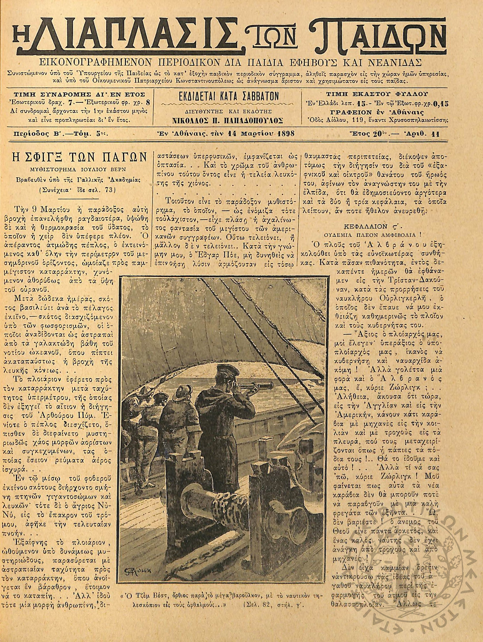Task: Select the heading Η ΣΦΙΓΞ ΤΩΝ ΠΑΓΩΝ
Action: click(x=78, y=159)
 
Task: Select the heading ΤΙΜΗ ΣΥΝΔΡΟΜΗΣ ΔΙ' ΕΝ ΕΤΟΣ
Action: click(x=78, y=94)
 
